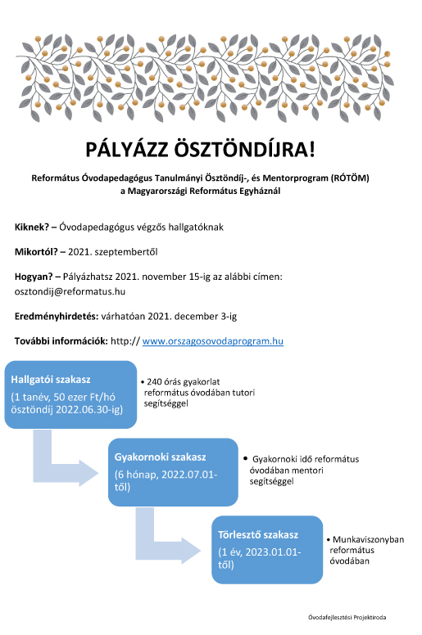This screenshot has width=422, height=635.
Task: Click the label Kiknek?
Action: click(x=34, y=226)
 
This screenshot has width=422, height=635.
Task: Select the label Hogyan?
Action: click(x=36, y=277)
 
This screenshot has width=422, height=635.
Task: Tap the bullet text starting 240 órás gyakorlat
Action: click(x=200, y=393)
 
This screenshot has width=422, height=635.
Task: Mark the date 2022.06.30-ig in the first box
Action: click(x=86, y=409)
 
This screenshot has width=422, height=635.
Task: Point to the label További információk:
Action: click(x=61, y=340)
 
